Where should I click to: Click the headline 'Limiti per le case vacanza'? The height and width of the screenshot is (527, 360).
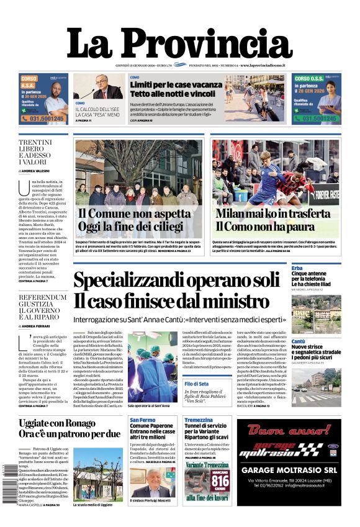[176, 84]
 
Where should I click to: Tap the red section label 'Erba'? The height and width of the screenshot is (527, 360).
[298, 267]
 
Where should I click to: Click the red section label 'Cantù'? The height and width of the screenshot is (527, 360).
[299, 341]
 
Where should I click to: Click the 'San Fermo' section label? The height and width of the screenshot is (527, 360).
[143, 420]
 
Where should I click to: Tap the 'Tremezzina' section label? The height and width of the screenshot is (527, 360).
[199, 420]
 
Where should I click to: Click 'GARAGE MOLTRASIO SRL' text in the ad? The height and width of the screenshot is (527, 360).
[289, 470]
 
